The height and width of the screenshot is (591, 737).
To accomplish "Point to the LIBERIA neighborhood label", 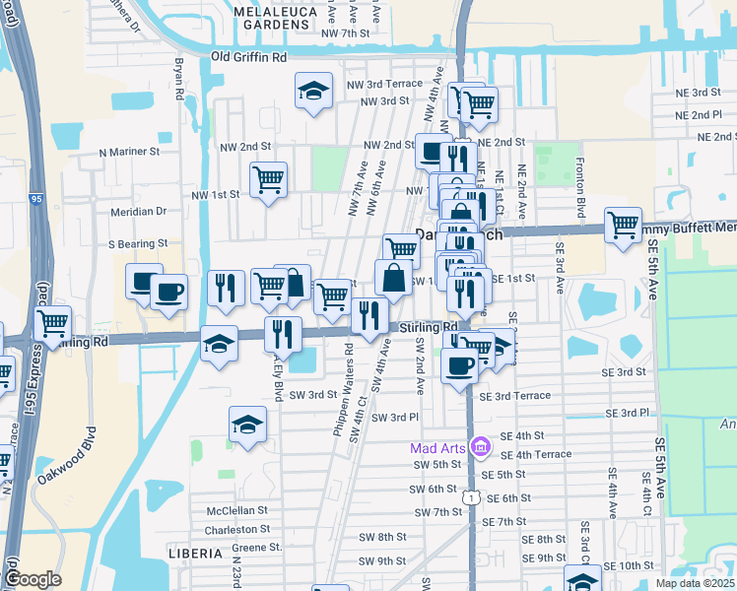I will tap(195, 554).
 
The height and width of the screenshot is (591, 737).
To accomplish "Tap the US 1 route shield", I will tap(474, 499).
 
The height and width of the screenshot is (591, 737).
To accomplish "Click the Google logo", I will tap(33, 580).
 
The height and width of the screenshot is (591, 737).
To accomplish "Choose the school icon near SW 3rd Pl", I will tap(247, 424).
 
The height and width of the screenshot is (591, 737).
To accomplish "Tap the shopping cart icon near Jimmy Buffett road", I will tap(623, 225).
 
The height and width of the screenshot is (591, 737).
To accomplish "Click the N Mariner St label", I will tap(129, 153).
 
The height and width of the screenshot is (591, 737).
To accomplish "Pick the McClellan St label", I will tap(236, 510).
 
